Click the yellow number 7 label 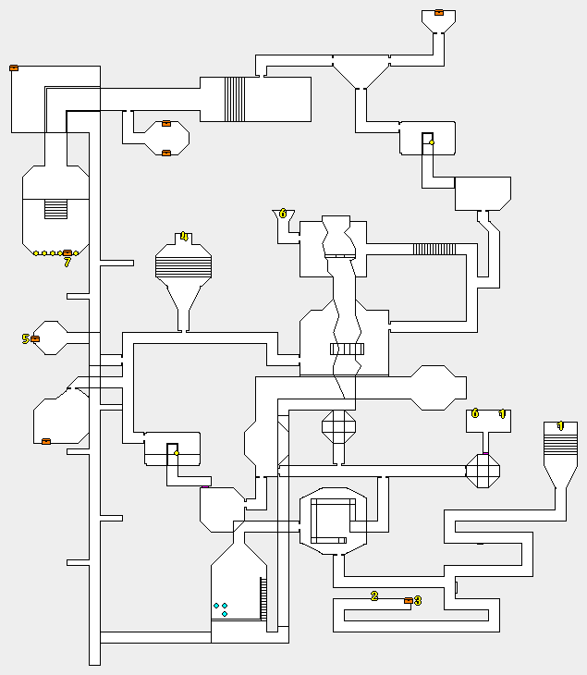click(67, 263)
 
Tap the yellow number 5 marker click(26, 339)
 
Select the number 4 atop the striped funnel click(184, 237)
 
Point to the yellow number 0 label click(283, 214)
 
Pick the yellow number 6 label click(475, 413)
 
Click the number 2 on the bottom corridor click(374, 595)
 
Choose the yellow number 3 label click(418, 601)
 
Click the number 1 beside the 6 click(503, 413)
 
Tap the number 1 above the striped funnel click(560, 426)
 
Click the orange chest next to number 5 click(35, 339)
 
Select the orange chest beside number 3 click(409, 601)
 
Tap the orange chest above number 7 click(67, 252)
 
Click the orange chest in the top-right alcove click(439, 13)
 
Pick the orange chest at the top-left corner click(14, 67)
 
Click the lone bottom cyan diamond click(225, 614)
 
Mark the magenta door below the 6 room click(485, 453)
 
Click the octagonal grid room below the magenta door click(483, 470)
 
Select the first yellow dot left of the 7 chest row click(36, 253)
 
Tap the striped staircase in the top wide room click(235, 99)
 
